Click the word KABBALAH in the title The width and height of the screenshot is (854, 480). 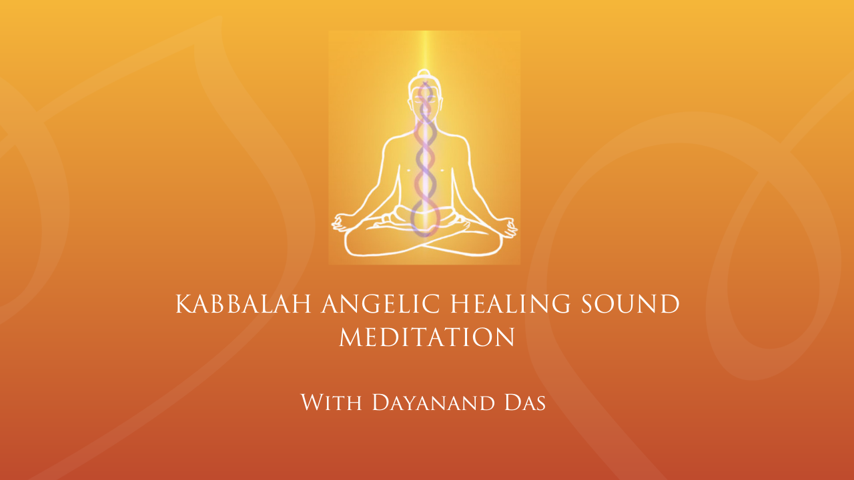tap(244, 304)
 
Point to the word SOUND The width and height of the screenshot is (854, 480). tap(630, 304)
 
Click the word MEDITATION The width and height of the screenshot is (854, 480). tap(427, 337)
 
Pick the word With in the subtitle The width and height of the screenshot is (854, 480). tap(332, 402)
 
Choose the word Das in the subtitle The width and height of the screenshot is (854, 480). tap(525, 402)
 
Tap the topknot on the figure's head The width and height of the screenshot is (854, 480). tap(424, 73)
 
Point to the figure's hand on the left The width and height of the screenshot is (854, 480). tap(341, 223)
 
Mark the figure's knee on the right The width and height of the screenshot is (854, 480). tap(494, 244)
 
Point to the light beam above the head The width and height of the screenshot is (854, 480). tap(425, 49)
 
